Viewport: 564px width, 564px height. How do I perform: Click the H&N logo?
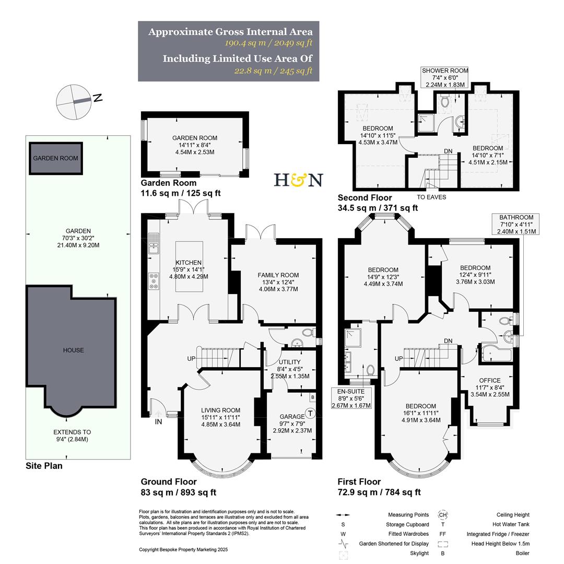298,180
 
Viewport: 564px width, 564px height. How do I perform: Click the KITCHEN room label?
189,263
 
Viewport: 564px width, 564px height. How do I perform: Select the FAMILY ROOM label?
278,275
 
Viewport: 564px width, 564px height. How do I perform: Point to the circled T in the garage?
310,414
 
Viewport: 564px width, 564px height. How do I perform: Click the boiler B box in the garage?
312,397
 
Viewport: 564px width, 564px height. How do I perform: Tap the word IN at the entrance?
158,421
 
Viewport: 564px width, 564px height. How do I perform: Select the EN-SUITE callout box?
351,398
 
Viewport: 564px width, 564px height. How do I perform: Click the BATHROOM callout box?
516,224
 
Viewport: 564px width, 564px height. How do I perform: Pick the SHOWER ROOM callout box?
445,77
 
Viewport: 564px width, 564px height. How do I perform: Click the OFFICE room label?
489,381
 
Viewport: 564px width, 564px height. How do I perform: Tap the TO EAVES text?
431,197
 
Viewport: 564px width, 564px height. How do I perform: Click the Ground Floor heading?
169,481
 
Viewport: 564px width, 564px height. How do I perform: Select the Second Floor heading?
365,197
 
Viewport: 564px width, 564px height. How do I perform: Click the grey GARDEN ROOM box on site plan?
55,158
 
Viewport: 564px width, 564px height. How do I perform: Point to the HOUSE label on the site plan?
73,350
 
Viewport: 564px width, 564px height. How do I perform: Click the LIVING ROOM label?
220,410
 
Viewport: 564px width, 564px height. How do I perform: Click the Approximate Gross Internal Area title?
230,32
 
